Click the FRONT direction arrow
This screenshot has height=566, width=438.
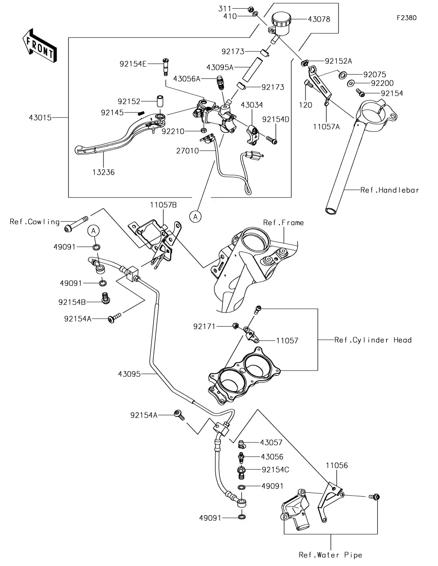coord(39,46)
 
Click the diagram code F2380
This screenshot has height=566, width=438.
coord(406,18)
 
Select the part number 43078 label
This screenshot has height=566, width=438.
coord(319,19)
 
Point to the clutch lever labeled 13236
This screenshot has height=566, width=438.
coord(111,142)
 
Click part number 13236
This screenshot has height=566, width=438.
coord(103,172)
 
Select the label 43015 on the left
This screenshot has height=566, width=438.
coord(40,118)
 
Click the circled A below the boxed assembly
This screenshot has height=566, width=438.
coord(195,216)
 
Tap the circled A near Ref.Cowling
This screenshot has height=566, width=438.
coord(94,231)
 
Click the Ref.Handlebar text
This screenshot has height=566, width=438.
coord(390,190)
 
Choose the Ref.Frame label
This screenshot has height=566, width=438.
coord(283,223)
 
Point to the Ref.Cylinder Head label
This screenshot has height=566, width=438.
coord(373,340)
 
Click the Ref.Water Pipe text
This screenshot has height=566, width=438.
coord(330,555)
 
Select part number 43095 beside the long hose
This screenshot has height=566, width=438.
coord(129,374)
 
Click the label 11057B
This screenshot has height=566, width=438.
coord(163,205)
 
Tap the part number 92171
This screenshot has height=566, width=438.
coord(204,327)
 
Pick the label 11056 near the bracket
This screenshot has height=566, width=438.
coord(337,465)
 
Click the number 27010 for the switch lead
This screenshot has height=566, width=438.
coord(188,151)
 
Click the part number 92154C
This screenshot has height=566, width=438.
coord(275,469)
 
